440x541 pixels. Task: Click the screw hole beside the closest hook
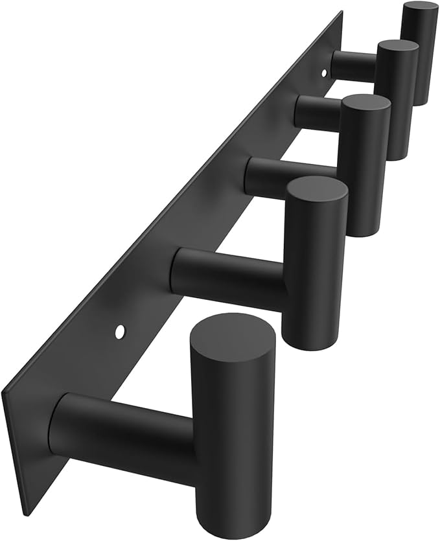pos(120,332)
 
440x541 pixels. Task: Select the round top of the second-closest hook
pos(317,194)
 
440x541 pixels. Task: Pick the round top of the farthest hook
pos(419,9)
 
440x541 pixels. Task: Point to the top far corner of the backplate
pos(341,12)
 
